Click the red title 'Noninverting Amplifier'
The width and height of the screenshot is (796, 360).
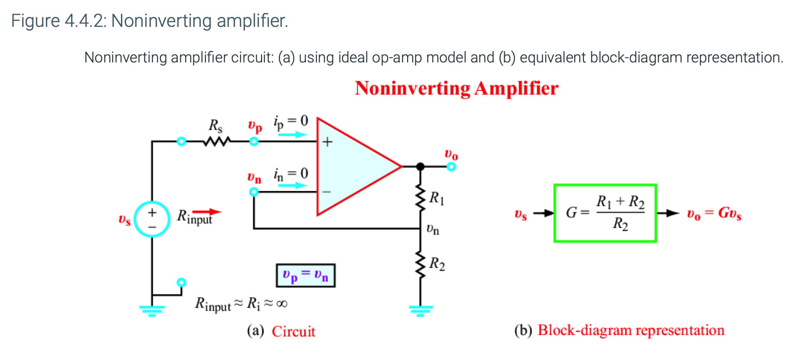[x=456, y=88]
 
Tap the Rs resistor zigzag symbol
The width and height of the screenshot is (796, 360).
[x=217, y=141]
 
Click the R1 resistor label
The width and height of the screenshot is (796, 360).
[x=437, y=198]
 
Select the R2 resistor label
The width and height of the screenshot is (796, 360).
[x=437, y=264]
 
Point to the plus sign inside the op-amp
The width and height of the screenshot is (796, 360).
[x=327, y=142]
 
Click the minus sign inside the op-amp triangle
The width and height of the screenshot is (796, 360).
[x=326, y=191]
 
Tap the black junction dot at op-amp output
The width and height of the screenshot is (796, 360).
[x=420, y=166]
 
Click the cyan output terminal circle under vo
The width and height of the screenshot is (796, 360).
[x=451, y=167]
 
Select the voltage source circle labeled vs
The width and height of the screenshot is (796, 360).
[x=152, y=219]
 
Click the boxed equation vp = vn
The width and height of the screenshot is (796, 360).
[x=306, y=275]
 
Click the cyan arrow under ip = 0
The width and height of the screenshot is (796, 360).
[x=292, y=135]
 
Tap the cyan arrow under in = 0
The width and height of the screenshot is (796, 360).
[x=292, y=186]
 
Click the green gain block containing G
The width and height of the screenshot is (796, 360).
[x=605, y=213]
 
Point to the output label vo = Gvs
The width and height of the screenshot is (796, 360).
[x=714, y=213]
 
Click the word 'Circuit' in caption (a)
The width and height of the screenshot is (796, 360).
[x=294, y=331]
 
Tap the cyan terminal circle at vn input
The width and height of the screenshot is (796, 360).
[x=254, y=192]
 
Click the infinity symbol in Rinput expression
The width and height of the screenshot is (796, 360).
[x=282, y=304]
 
